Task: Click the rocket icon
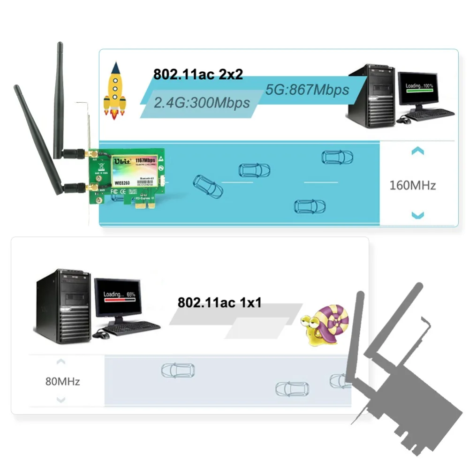[114, 93]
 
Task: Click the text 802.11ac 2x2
[198, 74]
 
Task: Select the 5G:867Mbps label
[307, 89]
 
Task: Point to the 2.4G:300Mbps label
[202, 102]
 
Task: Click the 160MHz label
[413, 185]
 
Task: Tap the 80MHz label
[62, 381]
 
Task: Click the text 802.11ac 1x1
[219, 303]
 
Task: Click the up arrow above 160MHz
[417, 151]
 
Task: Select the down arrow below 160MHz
[417, 215]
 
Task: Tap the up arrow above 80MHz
[61, 362]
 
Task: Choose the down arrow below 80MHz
[61, 400]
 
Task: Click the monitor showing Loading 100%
[418, 90]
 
